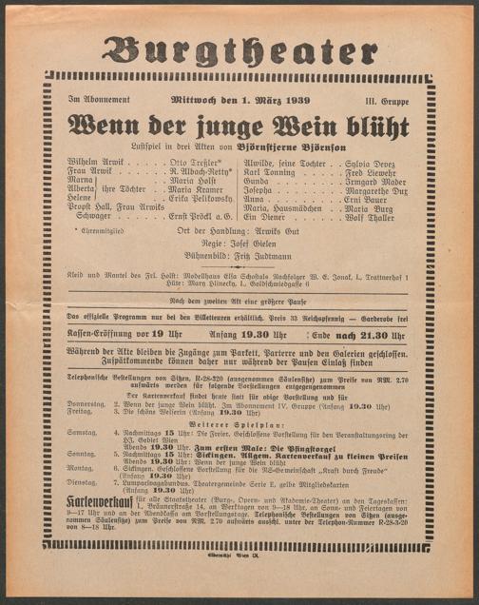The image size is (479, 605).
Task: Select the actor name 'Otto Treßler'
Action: pos(198,163)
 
